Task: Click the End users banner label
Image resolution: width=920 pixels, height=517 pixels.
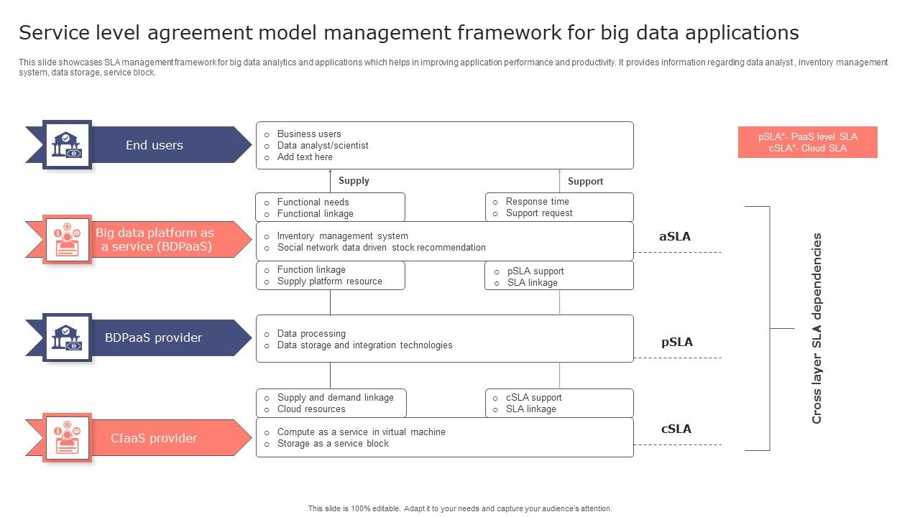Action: [154, 145]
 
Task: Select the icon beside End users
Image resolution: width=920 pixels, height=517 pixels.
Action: [67, 144]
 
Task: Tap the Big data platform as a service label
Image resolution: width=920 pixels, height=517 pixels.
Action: [155, 240]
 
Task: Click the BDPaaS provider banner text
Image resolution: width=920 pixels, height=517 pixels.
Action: [153, 337]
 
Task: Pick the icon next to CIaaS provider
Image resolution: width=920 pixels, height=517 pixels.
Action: [67, 437]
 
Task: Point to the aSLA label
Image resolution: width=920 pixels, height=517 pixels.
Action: [675, 236]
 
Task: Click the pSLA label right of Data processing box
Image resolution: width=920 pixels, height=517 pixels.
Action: [677, 342]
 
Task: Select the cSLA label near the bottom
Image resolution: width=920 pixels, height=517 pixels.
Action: [676, 429]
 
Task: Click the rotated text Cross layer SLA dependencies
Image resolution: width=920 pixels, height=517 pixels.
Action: [816, 328]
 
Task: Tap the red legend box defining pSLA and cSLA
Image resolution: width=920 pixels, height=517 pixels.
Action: [807, 142]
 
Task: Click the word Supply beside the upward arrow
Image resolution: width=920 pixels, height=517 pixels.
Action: [354, 181]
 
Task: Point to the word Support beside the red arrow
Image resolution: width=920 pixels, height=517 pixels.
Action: [585, 181]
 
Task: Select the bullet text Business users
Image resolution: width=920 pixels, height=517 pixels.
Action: [309, 134]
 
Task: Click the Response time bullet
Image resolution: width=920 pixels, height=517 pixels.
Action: [537, 202]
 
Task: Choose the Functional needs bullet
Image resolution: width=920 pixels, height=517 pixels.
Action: [313, 202]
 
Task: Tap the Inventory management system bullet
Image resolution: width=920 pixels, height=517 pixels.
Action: [342, 236]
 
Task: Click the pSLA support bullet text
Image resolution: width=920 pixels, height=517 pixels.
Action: [535, 271]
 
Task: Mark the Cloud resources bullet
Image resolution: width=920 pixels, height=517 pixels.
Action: [311, 409]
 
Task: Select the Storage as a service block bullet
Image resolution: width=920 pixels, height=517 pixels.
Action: [333, 444]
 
